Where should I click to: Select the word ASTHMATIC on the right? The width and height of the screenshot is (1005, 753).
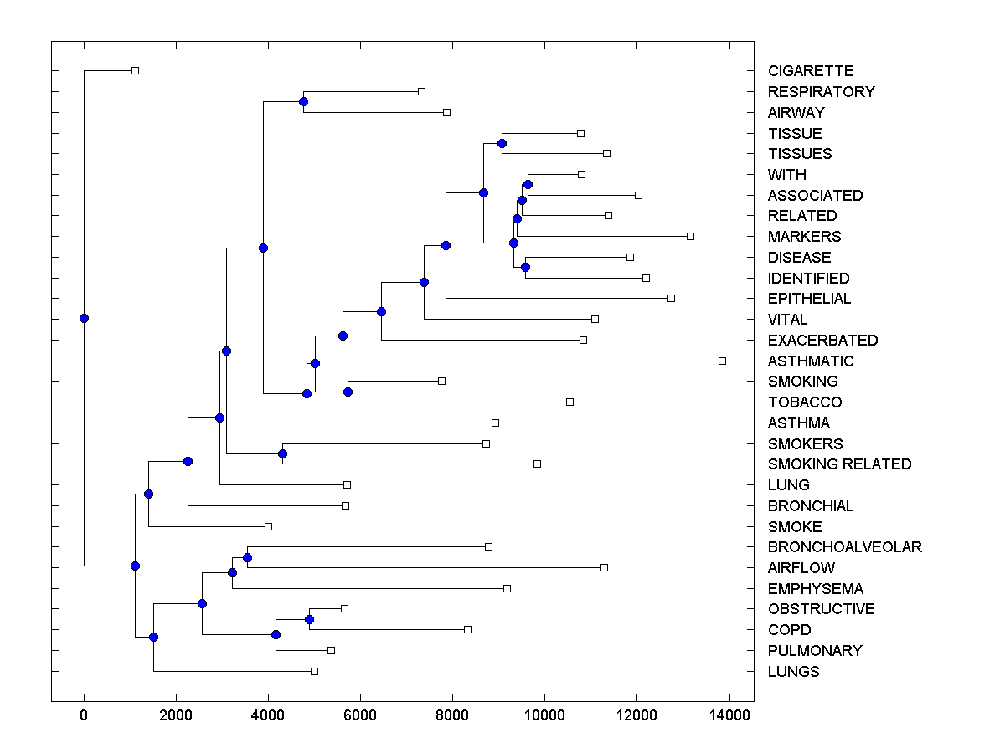pos(811,361)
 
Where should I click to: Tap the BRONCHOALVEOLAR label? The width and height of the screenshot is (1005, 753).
pos(844,547)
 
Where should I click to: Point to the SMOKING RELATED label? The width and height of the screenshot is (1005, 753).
pos(839,464)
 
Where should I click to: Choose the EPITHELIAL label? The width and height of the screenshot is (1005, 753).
pos(809,299)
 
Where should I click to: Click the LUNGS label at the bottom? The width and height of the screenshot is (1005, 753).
pos(793,672)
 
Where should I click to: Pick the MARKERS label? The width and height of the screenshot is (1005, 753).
pos(804,237)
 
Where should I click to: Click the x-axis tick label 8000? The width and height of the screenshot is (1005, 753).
pos(452,714)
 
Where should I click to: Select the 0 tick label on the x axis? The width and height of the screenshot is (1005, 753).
pos(84,714)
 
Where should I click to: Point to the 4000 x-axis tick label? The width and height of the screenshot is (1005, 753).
pos(268,714)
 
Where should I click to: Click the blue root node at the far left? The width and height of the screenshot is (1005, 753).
pos(84,318)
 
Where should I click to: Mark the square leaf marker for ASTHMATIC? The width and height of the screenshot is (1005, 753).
pos(722,361)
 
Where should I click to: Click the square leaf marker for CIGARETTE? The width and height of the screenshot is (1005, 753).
pos(135,70)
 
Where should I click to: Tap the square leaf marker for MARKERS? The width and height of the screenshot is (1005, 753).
pos(690,236)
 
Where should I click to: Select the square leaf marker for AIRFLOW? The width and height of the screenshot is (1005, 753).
pos(604,567)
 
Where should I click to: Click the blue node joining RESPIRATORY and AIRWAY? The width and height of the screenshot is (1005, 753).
pos(303,101)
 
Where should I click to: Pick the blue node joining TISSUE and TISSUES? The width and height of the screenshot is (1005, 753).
pos(502,143)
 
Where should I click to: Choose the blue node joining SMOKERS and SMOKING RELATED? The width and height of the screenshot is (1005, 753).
pos(282,453)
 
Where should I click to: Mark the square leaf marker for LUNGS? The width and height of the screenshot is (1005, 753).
pos(314,671)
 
